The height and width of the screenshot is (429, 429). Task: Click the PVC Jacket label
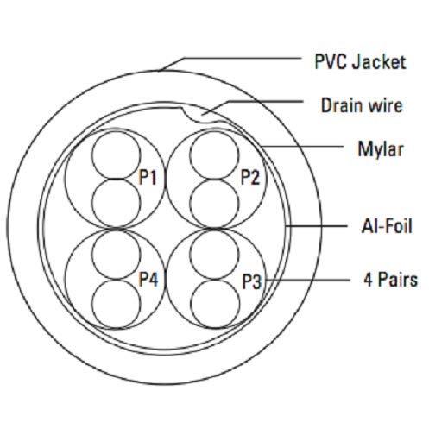(360, 61)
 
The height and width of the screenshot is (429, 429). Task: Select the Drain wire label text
(362, 105)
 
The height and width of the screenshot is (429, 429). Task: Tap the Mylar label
(381, 149)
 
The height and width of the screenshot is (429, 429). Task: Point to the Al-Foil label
(387, 226)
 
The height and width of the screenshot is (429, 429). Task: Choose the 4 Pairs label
(390, 280)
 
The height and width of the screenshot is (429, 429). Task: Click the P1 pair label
(148, 177)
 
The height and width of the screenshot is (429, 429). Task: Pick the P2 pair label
(250, 177)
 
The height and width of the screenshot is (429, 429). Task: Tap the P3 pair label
(252, 281)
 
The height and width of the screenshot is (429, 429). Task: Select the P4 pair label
(148, 279)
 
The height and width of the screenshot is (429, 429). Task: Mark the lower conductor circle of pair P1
(116, 179)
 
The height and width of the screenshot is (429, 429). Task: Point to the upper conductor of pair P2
(214, 131)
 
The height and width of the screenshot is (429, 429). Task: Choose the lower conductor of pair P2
(214, 180)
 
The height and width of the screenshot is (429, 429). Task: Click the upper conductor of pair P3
(215, 230)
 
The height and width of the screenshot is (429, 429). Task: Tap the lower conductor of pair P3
(215, 280)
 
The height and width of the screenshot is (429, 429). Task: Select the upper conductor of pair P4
(117, 230)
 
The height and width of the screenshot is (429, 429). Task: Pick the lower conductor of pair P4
(117, 281)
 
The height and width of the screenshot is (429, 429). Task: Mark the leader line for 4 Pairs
(306, 280)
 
